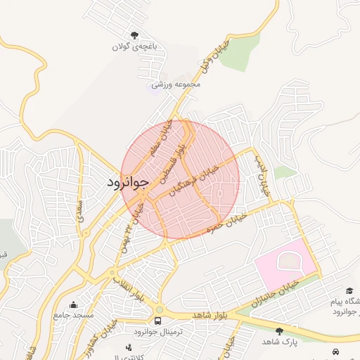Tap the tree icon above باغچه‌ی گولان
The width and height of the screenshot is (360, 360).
tap(135, 35)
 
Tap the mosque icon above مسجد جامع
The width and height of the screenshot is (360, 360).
tap(74, 304)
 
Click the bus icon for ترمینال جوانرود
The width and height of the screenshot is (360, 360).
tap(158, 321)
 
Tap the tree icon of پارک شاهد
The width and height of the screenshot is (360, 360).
tap(279, 330)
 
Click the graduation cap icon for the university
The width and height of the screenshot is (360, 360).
tap(349, 290)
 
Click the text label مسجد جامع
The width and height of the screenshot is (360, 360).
tap(73, 315)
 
